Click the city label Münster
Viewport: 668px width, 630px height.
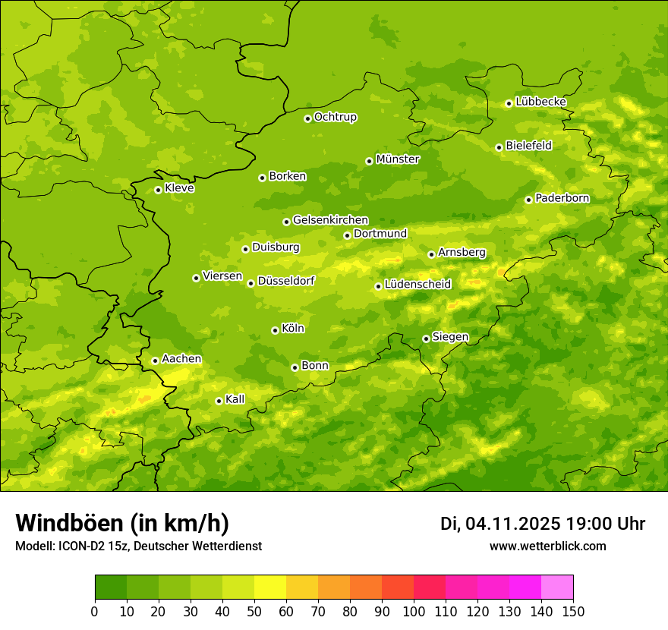(x=397, y=159)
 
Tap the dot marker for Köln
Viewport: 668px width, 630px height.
(x=275, y=330)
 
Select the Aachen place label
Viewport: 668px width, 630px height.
(x=181, y=359)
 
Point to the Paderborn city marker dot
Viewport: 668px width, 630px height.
(x=528, y=200)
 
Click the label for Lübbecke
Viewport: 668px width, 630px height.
(x=540, y=102)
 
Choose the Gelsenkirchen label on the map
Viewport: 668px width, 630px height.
(x=330, y=220)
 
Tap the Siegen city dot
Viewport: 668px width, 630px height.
(x=426, y=339)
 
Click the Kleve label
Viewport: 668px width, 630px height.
(x=179, y=188)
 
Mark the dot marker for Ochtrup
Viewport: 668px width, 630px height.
(x=307, y=118)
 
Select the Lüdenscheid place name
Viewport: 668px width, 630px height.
(x=417, y=285)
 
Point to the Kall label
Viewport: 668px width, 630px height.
(x=235, y=399)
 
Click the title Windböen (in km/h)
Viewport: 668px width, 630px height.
(x=122, y=524)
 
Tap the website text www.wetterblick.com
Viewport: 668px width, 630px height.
(x=547, y=546)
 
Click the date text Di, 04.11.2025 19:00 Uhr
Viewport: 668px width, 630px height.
(x=543, y=524)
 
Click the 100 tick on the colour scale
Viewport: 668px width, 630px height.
(x=414, y=611)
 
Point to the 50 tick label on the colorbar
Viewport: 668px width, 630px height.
(x=254, y=611)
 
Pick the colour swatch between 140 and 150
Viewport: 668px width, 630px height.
(x=557, y=587)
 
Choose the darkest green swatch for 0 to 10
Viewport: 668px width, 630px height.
(x=111, y=587)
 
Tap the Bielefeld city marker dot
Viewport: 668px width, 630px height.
(x=499, y=147)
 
